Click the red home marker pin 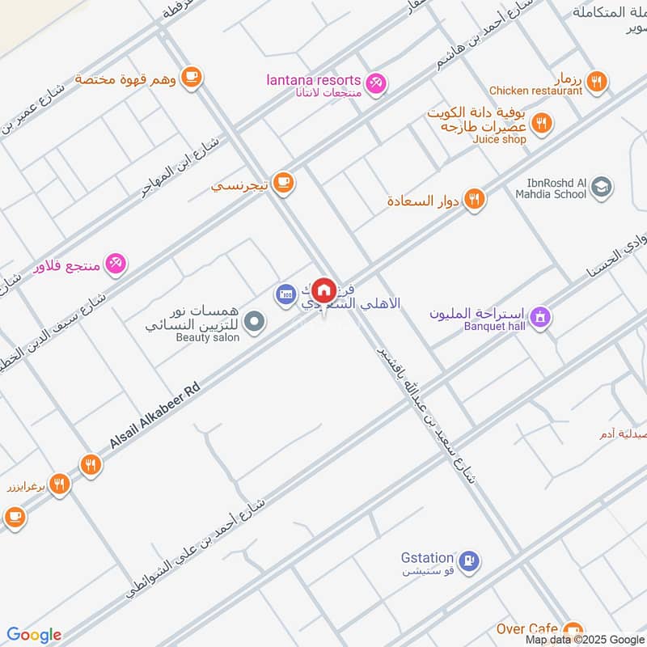(x=323, y=290)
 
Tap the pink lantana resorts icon (x=375, y=82)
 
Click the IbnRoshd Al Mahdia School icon (x=600, y=188)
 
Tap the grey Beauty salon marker (x=255, y=323)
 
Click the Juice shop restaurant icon (x=542, y=124)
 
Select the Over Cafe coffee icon (x=573, y=630)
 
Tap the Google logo (x=34, y=635)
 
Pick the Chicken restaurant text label (x=535, y=91)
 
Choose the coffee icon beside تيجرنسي (x=282, y=183)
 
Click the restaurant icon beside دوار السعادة (x=475, y=199)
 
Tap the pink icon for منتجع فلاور (x=116, y=263)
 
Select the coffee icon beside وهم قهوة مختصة (x=190, y=77)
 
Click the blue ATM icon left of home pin (x=285, y=294)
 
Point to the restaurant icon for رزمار (x=598, y=81)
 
